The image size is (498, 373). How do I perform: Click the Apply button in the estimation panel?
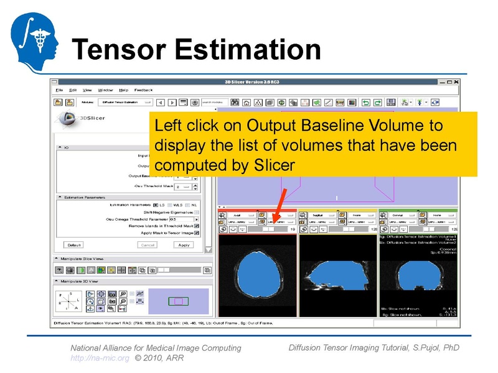(x=184, y=245)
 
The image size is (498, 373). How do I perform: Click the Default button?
(x=74, y=245)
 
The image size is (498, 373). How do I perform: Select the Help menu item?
(x=123, y=90)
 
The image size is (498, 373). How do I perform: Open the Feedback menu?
(x=143, y=90)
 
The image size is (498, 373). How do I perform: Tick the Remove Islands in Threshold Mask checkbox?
(x=197, y=226)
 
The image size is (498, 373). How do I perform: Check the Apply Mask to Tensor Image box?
(x=197, y=233)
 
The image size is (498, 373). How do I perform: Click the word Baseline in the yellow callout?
(x=331, y=126)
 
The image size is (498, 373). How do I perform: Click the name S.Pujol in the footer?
(x=420, y=348)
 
